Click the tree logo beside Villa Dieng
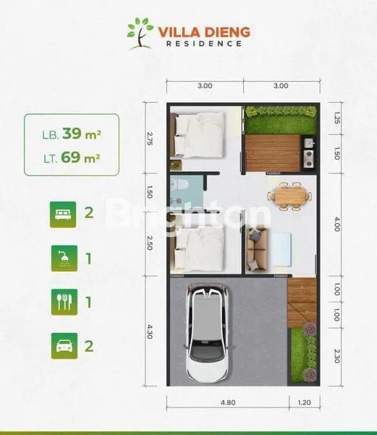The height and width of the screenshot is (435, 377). click(140, 33)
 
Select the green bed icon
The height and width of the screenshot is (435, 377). click(63, 214)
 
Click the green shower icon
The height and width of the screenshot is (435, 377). click(63, 257)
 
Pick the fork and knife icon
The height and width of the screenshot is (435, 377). click(63, 302)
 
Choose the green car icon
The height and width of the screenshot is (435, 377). click(63, 345)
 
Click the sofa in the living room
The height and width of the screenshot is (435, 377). click(256, 248)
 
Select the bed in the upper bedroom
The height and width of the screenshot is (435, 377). click(198, 136)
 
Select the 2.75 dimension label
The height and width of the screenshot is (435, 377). click(151, 139)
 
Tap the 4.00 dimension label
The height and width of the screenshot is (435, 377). click(336, 225)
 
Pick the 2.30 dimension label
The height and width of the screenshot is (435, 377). click(336, 357)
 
